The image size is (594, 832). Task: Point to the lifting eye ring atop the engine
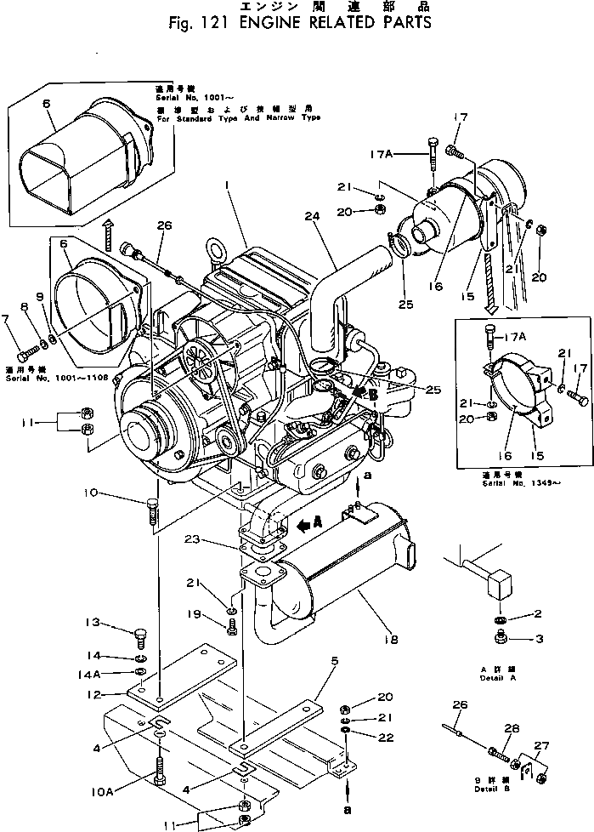tap(223, 253)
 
